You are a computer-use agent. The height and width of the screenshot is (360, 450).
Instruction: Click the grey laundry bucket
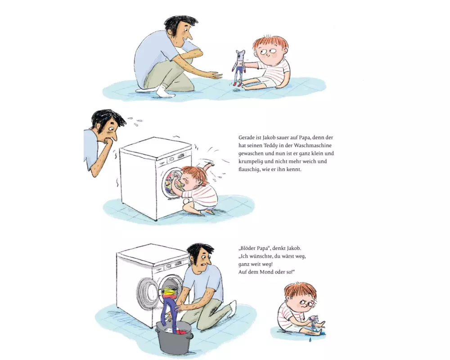click(174, 337)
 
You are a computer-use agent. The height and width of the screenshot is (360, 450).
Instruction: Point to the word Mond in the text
click(266, 272)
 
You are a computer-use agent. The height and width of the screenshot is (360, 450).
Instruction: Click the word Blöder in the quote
click(248, 248)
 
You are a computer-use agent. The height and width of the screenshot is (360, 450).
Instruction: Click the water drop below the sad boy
click(310, 340)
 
